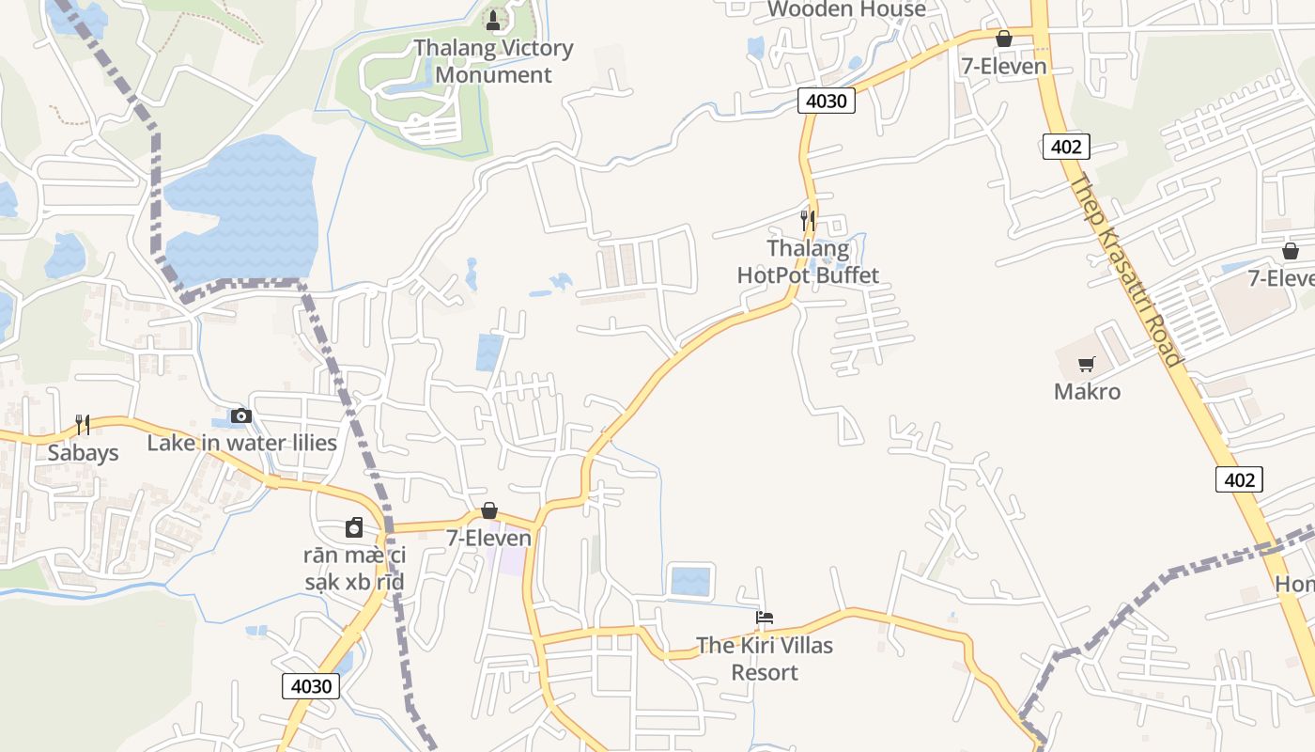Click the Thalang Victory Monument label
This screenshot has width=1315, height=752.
(x=493, y=61)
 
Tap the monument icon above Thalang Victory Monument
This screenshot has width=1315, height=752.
(x=493, y=20)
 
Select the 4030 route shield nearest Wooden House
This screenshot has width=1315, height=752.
(x=827, y=101)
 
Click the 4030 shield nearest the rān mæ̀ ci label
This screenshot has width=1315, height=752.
(x=311, y=686)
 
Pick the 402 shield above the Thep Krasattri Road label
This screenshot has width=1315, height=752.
(x=1066, y=147)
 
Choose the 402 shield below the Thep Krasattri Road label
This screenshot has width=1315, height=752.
(x=1239, y=479)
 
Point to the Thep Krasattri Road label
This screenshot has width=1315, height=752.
(x=1124, y=271)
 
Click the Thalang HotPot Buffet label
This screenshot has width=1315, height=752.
(x=808, y=262)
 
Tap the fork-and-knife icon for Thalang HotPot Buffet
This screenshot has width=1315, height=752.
(x=808, y=221)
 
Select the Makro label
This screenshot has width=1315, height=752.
(x=1087, y=391)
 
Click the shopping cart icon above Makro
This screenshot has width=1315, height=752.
(x=1087, y=364)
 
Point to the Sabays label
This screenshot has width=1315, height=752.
(x=84, y=453)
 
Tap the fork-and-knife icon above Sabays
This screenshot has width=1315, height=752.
(x=84, y=425)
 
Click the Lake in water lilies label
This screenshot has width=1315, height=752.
(x=241, y=443)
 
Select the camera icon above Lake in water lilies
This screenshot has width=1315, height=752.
(x=241, y=415)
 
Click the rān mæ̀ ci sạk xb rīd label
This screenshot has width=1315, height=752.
(x=354, y=569)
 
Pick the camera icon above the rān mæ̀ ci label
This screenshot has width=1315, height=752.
(x=354, y=527)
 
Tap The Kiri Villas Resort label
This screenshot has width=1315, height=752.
(x=765, y=659)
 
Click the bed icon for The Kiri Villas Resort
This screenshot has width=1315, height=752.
(x=765, y=618)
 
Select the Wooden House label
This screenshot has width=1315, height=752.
(x=846, y=9)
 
